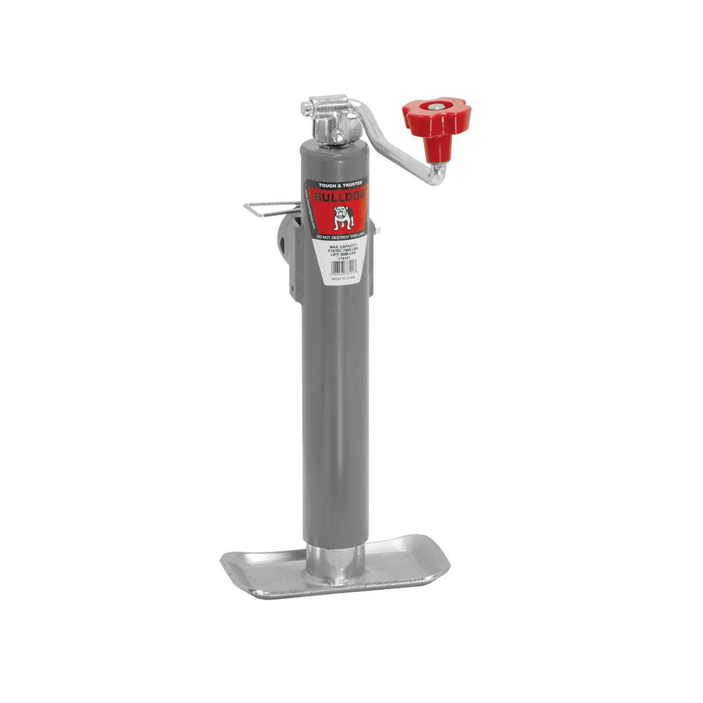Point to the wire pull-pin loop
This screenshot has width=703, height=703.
coord(271,209)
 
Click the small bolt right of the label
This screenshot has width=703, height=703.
coord(378,228)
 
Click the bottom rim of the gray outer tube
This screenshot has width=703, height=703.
coord(336,543)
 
